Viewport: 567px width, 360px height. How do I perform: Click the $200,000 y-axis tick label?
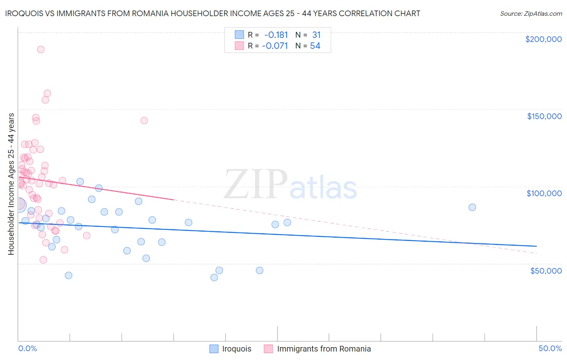[x=543, y=39]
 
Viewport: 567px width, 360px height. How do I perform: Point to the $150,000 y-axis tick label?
[x=544, y=116]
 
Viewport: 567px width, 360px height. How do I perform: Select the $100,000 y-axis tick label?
[x=544, y=193]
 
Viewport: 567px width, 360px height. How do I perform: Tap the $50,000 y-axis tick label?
[x=546, y=271]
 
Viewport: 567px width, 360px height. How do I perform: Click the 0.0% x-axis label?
[x=27, y=348]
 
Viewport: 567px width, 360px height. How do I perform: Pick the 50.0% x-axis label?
[x=550, y=348]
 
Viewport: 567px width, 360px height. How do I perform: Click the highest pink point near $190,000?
[x=41, y=49]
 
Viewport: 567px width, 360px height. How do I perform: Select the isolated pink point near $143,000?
[x=144, y=120]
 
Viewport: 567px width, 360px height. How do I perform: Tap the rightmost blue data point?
[x=472, y=207]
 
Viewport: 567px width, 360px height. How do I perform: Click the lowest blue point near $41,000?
[x=214, y=277]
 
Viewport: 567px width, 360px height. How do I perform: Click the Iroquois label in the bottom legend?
[x=236, y=349]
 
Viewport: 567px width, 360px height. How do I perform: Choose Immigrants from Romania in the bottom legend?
[x=324, y=349]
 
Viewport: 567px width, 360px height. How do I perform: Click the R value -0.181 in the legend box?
[x=276, y=35]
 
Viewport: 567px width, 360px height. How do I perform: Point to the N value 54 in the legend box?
[x=315, y=46]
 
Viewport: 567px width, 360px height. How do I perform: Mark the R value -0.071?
[x=275, y=46]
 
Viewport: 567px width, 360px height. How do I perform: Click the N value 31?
[x=316, y=35]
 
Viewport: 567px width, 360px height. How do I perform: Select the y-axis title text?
[x=11, y=184]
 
